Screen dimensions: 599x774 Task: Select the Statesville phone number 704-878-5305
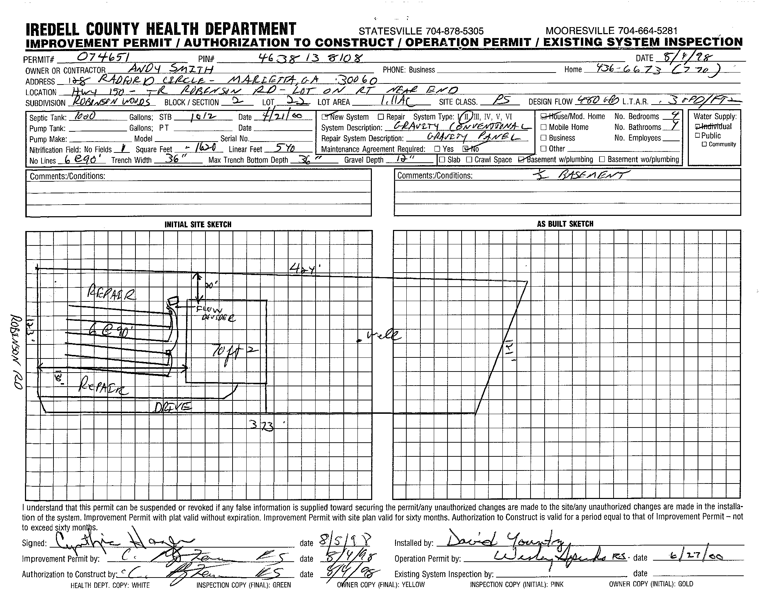tap(421, 31)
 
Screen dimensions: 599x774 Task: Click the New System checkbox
tap(324, 117)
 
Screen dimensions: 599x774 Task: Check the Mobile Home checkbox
tap(544, 127)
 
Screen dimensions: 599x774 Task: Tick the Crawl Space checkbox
tap(469, 160)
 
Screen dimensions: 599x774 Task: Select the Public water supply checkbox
tap(697, 136)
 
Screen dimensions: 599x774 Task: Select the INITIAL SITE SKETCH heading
tap(198, 224)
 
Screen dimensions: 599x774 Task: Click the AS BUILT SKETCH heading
tap(565, 224)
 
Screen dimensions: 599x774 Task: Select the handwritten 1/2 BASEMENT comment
tap(581, 175)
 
